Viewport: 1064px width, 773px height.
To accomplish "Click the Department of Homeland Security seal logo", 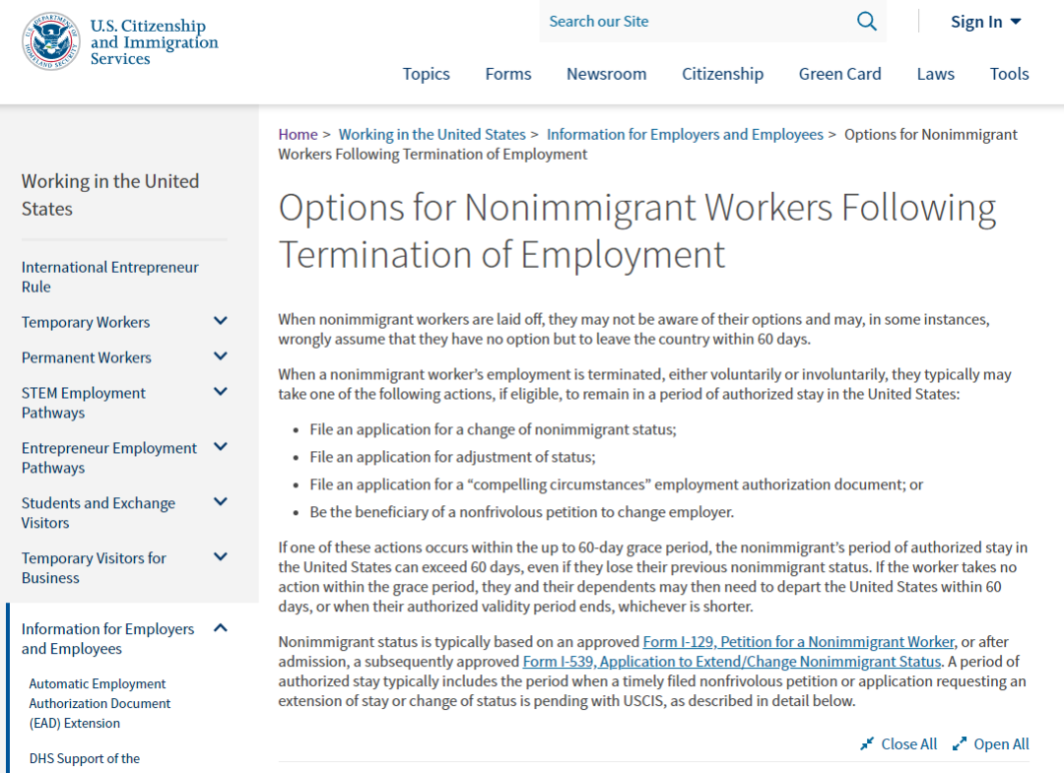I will pyautogui.click(x=50, y=41).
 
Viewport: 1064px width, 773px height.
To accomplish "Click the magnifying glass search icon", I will pyautogui.click(x=866, y=22).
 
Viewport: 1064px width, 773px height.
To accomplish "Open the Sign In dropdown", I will pyautogui.click(x=985, y=22).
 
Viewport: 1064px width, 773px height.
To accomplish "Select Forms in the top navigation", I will pyautogui.click(x=507, y=74).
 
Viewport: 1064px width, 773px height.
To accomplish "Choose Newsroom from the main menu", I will pyautogui.click(x=606, y=74).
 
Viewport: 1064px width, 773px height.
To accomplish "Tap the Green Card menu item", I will pyautogui.click(x=839, y=74).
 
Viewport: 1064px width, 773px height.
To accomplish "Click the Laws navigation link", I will pyautogui.click(x=935, y=74).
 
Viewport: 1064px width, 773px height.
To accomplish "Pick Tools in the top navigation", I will pyautogui.click(x=1009, y=74).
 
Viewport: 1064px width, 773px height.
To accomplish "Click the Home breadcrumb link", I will pyautogui.click(x=298, y=135).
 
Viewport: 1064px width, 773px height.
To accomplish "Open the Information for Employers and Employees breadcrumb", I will pyautogui.click(x=685, y=135).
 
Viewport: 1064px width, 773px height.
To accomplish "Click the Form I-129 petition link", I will pyautogui.click(x=798, y=642).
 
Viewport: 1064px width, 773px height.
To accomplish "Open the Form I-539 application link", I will pyautogui.click(x=732, y=662).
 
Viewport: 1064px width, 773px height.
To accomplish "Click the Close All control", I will pyautogui.click(x=898, y=744).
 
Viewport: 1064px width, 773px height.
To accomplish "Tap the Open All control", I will pyautogui.click(x=991, y=744).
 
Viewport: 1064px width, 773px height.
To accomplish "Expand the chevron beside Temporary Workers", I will pyautogui.click(x=221, y=321).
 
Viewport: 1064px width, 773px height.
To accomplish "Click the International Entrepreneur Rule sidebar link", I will pyautogui.click(x=109, y=277).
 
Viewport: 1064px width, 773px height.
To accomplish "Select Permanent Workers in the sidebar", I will pyautogui.click(x=87, y=357).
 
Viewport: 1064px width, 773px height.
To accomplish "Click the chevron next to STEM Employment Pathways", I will pyautogui.click(x=221, y=392).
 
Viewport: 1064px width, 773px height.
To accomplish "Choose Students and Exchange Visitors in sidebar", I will pyautogui.click(x=99, y=512).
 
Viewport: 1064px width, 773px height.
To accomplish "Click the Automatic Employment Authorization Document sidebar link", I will pyautogui.click(x=100, y=703).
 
